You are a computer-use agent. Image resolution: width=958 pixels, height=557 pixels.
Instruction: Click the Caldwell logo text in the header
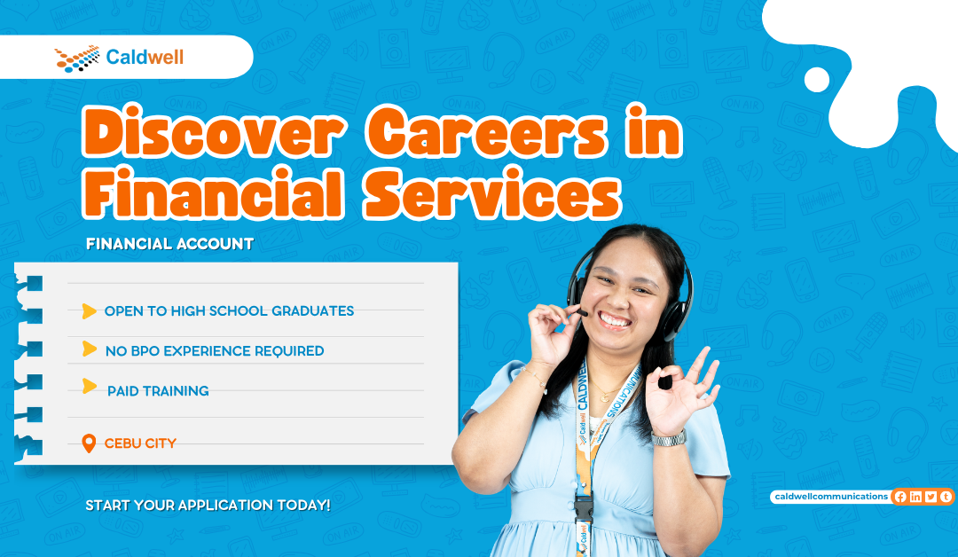pyautogui.click(x=145, y=58)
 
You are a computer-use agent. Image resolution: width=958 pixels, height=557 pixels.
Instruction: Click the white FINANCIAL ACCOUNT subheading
pyautogui.click(x=169, y=243)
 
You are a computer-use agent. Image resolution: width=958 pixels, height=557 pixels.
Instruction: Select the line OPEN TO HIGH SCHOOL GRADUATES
pyautogui.click(x=229, y=311)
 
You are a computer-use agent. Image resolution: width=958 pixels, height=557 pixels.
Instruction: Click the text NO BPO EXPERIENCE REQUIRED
pyautogui.click(x=215, y=351)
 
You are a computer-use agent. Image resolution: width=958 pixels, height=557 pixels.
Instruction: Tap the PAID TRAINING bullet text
pyautogui.click(x=158, y=391)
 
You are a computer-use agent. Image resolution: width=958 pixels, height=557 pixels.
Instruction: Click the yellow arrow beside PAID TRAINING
pyautogui.click(x=90, y=386)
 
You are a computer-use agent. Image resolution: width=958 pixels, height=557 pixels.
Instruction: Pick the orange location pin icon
pyautogui.click(x=88, y=443)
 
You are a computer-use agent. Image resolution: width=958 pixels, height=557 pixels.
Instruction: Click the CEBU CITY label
pyautogui.click(x=140, y=443)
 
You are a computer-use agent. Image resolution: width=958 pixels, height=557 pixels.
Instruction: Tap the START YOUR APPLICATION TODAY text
pyautogui.click(x=208, y=506)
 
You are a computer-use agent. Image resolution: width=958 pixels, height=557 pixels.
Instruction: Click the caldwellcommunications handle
pyautogui.click(x=829, y=497)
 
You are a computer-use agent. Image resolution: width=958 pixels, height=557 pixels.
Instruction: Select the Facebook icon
pyautogui.click(x=900, y=497)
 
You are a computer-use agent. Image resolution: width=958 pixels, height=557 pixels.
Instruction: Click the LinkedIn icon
pyautogui.click(x=915, y=497)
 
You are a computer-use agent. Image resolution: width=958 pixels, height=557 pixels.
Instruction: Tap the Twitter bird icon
pyautogui.click(x=931, y=497)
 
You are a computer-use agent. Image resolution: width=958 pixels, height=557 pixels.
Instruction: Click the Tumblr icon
pyautogui.click(x=945, y=497)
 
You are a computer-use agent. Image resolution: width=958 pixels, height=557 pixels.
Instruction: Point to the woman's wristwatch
pyautogui.click(x=669, y=437)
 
